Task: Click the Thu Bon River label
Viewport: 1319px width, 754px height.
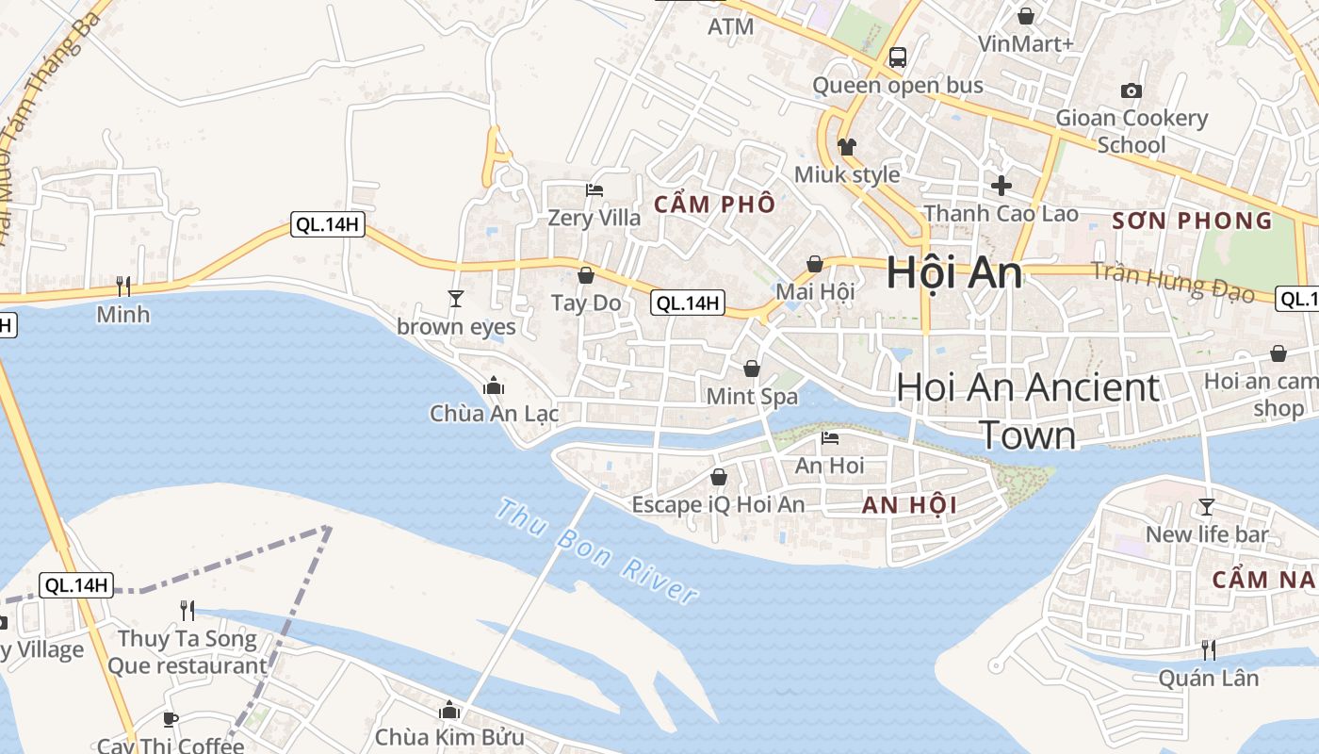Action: [597, 551]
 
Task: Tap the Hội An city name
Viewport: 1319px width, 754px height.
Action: [953, 273]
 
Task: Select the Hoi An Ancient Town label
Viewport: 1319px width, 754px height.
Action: [1028, 411]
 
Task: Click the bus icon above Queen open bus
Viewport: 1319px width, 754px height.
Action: [897, 57]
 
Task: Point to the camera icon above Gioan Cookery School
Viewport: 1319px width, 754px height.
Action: [1132, 90]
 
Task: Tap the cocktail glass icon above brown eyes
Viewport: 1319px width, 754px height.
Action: [456, 299]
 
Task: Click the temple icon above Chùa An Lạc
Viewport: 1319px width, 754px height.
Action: [493, 386]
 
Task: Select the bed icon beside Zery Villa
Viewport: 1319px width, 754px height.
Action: [594, 190]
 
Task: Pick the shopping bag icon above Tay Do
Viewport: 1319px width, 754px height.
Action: [585, 275]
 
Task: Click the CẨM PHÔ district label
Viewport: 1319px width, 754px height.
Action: [715, 204]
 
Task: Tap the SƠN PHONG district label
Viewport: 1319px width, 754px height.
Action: [1192, 221]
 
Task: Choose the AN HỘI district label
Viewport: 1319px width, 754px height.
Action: [909, 504]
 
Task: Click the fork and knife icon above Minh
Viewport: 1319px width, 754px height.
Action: [122, 286]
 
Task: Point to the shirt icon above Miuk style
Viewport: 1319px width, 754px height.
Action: [846, 147]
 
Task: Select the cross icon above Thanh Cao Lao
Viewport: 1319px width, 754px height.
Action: [1001, 185]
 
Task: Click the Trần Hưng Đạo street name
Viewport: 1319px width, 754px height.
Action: [1173, 283]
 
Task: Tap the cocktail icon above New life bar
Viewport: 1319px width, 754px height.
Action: [1206, 507]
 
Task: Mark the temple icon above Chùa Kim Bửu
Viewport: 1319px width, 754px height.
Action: [449, 709]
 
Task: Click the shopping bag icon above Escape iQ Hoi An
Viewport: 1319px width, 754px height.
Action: [718, 477]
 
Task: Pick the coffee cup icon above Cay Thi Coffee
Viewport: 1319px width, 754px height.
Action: [170, 719]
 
